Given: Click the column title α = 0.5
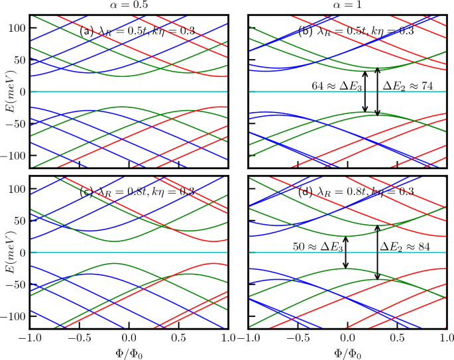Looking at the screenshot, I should click(x=129, y=5).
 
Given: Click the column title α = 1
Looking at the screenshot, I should click(x=347, y=5).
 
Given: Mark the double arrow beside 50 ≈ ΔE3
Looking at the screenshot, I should click(x=346, y=253).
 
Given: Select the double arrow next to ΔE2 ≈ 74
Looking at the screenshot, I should click(x=377, y=91).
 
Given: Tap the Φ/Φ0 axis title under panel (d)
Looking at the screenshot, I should click(x=347, y=351).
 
